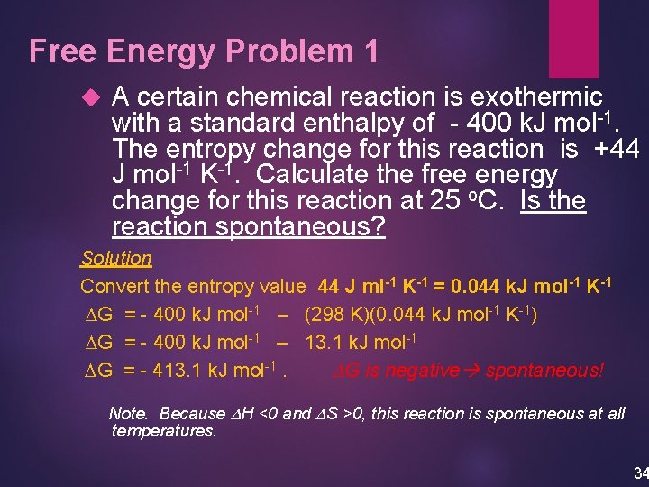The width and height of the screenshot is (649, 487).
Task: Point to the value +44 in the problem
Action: point(617,149)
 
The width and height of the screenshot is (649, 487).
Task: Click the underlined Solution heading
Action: point(116,259)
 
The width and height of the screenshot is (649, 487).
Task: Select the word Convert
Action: point(112,287)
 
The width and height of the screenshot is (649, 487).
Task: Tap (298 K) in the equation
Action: point(335,315)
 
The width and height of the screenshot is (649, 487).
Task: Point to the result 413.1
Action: point(180,371)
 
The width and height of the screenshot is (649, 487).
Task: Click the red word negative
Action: point(425,371)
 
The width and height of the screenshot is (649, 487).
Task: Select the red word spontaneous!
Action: point(544,371)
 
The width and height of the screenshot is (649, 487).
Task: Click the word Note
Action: point(129,413)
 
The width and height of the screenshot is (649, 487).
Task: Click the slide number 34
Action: point(640,473)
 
